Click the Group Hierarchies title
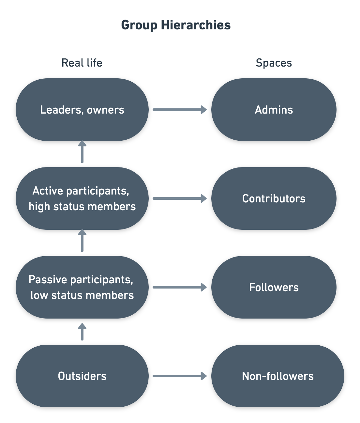click(176, 25)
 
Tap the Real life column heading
click(82, 63)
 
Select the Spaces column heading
click(274, 63)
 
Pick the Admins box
click(274, 110)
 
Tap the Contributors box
click(274, 198)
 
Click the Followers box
click(274, 287)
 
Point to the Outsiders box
click(82, 376)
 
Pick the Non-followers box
click(278, 376)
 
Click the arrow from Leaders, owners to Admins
click(180, 110)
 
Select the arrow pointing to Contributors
click(180, 198)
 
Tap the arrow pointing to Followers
click(180, 287)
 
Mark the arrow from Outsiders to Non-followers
click(180, 376)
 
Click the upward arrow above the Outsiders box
click(82, 332)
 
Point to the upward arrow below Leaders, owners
click(82, 152)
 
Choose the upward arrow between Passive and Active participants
click(82, 241)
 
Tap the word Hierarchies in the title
click(196, 25)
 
